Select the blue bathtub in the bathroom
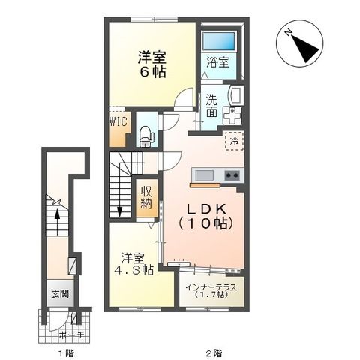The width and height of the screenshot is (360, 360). point(223,42)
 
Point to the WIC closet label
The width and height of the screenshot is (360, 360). point(119,121)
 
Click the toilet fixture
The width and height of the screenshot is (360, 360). point(147,136)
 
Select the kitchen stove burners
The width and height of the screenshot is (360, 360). point(232,176)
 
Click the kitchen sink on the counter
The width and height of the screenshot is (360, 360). point(204,176)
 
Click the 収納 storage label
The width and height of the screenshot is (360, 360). point(146,197)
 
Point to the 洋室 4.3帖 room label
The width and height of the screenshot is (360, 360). point(134,262)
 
